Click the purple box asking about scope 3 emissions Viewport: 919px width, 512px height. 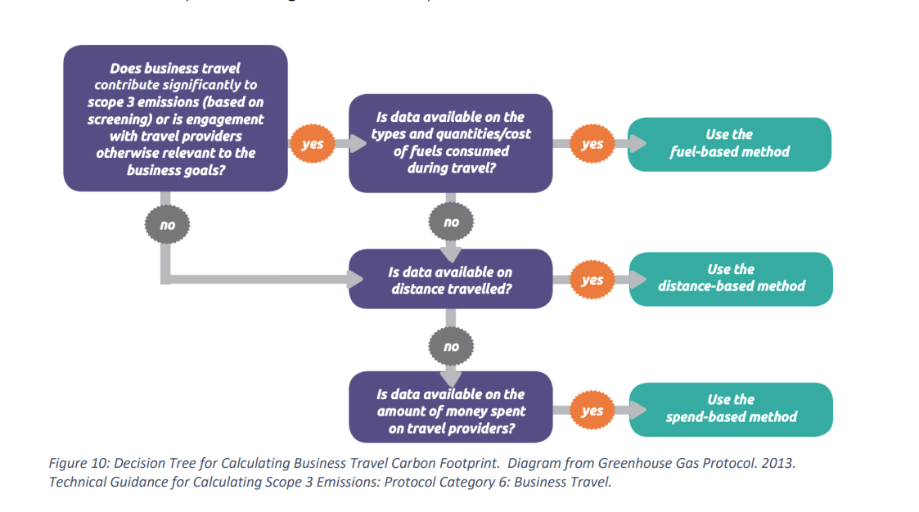click(175, 119)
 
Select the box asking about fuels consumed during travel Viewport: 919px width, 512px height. click(450, 143)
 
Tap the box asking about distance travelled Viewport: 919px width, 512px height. click(450, 280)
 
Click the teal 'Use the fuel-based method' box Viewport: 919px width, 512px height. click(729, 143)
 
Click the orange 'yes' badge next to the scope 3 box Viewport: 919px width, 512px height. click(312, 145)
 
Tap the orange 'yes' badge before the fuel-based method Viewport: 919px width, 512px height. click(592, 144)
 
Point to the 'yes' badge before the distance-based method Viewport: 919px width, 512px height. click(592, 280)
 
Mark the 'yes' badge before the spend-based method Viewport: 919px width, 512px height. click(592, 411)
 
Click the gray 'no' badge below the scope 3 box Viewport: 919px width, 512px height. click(166, 225)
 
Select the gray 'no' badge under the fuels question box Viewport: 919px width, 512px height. click(451, 222)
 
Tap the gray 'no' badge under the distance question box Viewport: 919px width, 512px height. click(451, 347)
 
